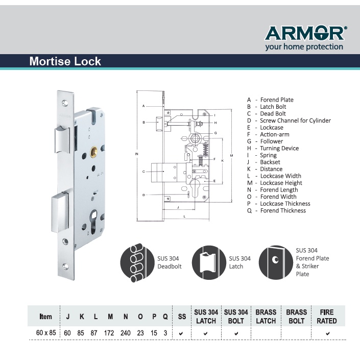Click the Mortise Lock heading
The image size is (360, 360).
(x=65, y=62)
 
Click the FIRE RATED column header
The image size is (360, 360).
(x=327, y=317)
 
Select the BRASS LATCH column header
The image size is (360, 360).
(x=266, y=317)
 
